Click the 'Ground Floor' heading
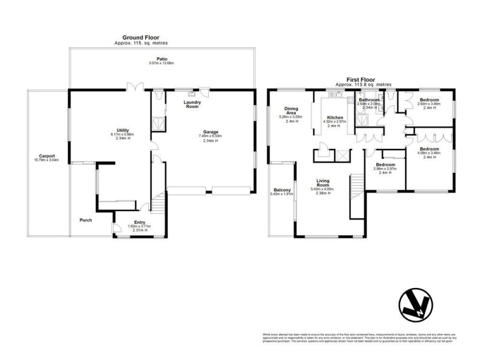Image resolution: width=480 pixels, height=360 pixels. tap(141, 37)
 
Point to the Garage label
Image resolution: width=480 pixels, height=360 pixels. tap(209, 131)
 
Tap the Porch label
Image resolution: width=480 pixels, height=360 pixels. tap(86, 220)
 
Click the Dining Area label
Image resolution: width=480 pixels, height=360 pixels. tap(292, 111)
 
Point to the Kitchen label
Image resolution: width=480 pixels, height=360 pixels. tap(334, 118)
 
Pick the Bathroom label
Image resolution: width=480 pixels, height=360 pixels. tap(369, 100)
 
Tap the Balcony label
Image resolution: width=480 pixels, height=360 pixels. tap(282, 190)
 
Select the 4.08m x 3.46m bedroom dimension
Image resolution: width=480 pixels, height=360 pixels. tap(428, 152)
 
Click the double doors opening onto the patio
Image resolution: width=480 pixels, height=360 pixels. tap(137, 86)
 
